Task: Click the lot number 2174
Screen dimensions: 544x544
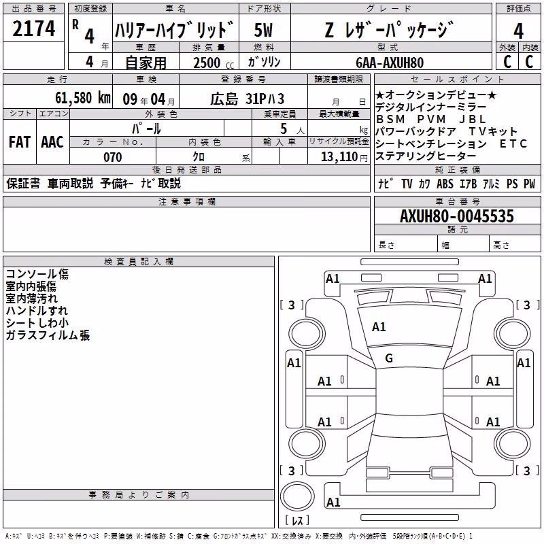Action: [x=33, y=29]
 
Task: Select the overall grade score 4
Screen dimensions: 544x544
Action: [x=518, y=31]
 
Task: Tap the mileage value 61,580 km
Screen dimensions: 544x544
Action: [x=83, y=98]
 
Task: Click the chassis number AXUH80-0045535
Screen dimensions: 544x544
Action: [x=457, y=216]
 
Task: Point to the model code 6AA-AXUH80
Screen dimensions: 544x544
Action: [x=390, y=63]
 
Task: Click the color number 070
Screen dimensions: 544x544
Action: [x=113, y=157]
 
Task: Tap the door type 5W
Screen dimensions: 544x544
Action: [x=263, y=30]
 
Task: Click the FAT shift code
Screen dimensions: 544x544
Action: [x=20, y=142]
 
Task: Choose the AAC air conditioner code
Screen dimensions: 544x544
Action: [x=52, y=142]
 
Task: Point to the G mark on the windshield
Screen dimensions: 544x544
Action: [x=389, y=358]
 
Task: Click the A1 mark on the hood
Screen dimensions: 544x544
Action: [x=379, y=327]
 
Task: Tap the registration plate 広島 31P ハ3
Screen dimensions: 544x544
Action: [x=248, y=99]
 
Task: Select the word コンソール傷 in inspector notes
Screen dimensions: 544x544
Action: [x=37, y=274]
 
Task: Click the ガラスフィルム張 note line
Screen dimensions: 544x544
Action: [x=48, y=335]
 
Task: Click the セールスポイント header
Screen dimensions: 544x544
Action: [x=457, y=80]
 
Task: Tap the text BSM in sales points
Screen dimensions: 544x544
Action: [x=390, y=120]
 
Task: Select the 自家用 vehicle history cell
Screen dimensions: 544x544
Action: [x=146, y=63]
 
